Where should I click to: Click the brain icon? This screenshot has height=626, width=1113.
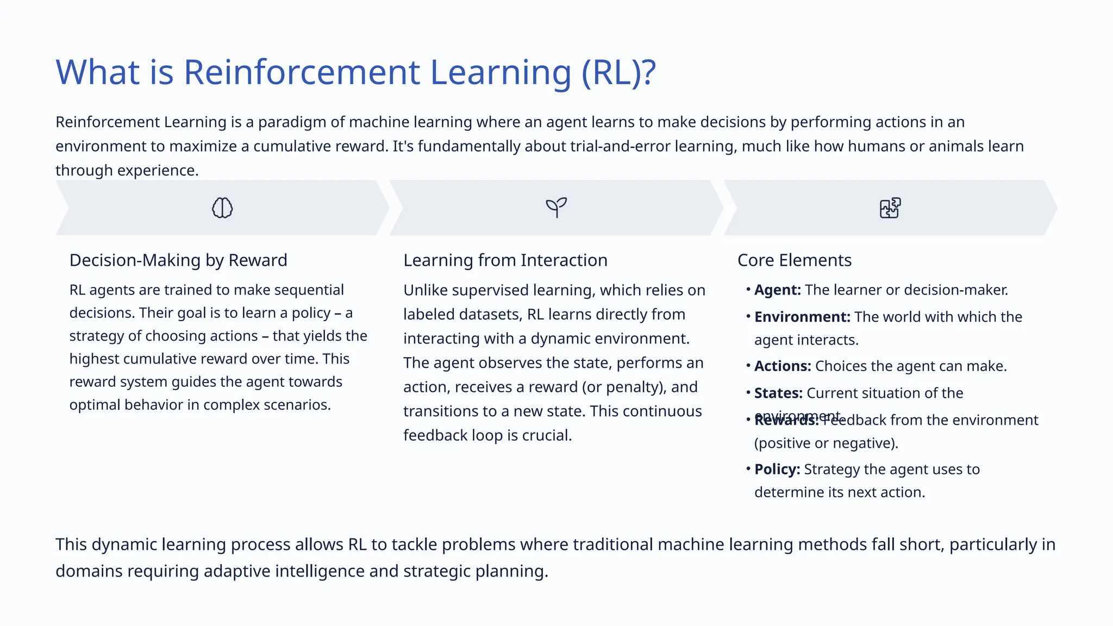coord(222,208)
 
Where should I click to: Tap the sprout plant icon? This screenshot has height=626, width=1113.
coord(556,207)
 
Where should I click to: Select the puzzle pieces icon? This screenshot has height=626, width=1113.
coord(890,208)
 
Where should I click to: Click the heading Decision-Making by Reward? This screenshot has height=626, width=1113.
coord(178,260)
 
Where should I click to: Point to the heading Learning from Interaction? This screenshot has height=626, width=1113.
coord(505,260)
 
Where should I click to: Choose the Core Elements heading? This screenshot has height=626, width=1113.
coord(794,260)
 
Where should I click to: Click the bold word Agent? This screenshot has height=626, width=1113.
coord(777,290)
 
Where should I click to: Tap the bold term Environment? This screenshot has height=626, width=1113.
coord(802,317)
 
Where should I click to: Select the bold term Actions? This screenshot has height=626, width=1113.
coord(783,366)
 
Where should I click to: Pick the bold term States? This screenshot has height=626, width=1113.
coord(778,393)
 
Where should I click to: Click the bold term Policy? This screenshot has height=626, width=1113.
coord(777,469)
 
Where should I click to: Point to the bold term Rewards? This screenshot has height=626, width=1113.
coord(786,421)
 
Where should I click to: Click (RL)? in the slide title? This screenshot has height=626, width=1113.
coord(618,72)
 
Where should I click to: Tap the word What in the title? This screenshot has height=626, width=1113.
coord(98,72)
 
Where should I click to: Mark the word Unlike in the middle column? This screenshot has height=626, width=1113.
coord(425,290)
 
